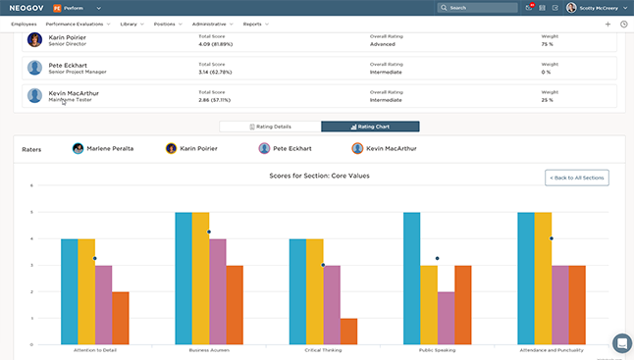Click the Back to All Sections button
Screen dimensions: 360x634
[x=577, y=177]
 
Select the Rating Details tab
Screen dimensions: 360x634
[x=269, y=127]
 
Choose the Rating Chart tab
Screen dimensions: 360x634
[x=370, y=127]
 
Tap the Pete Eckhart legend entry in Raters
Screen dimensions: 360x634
[x=291, y=148]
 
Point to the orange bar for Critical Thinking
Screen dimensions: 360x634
[x=348, y=331]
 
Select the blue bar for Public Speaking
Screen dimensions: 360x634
[x=412, y=278]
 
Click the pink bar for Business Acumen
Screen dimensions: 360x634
[x=218, y=291]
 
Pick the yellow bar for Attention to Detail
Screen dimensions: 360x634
[x=86, y=291]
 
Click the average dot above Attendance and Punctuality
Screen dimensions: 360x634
[x=552, y=238]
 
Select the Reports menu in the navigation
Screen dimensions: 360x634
[x=254, y=24]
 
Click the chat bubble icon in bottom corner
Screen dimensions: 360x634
[x=621, y=343]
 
